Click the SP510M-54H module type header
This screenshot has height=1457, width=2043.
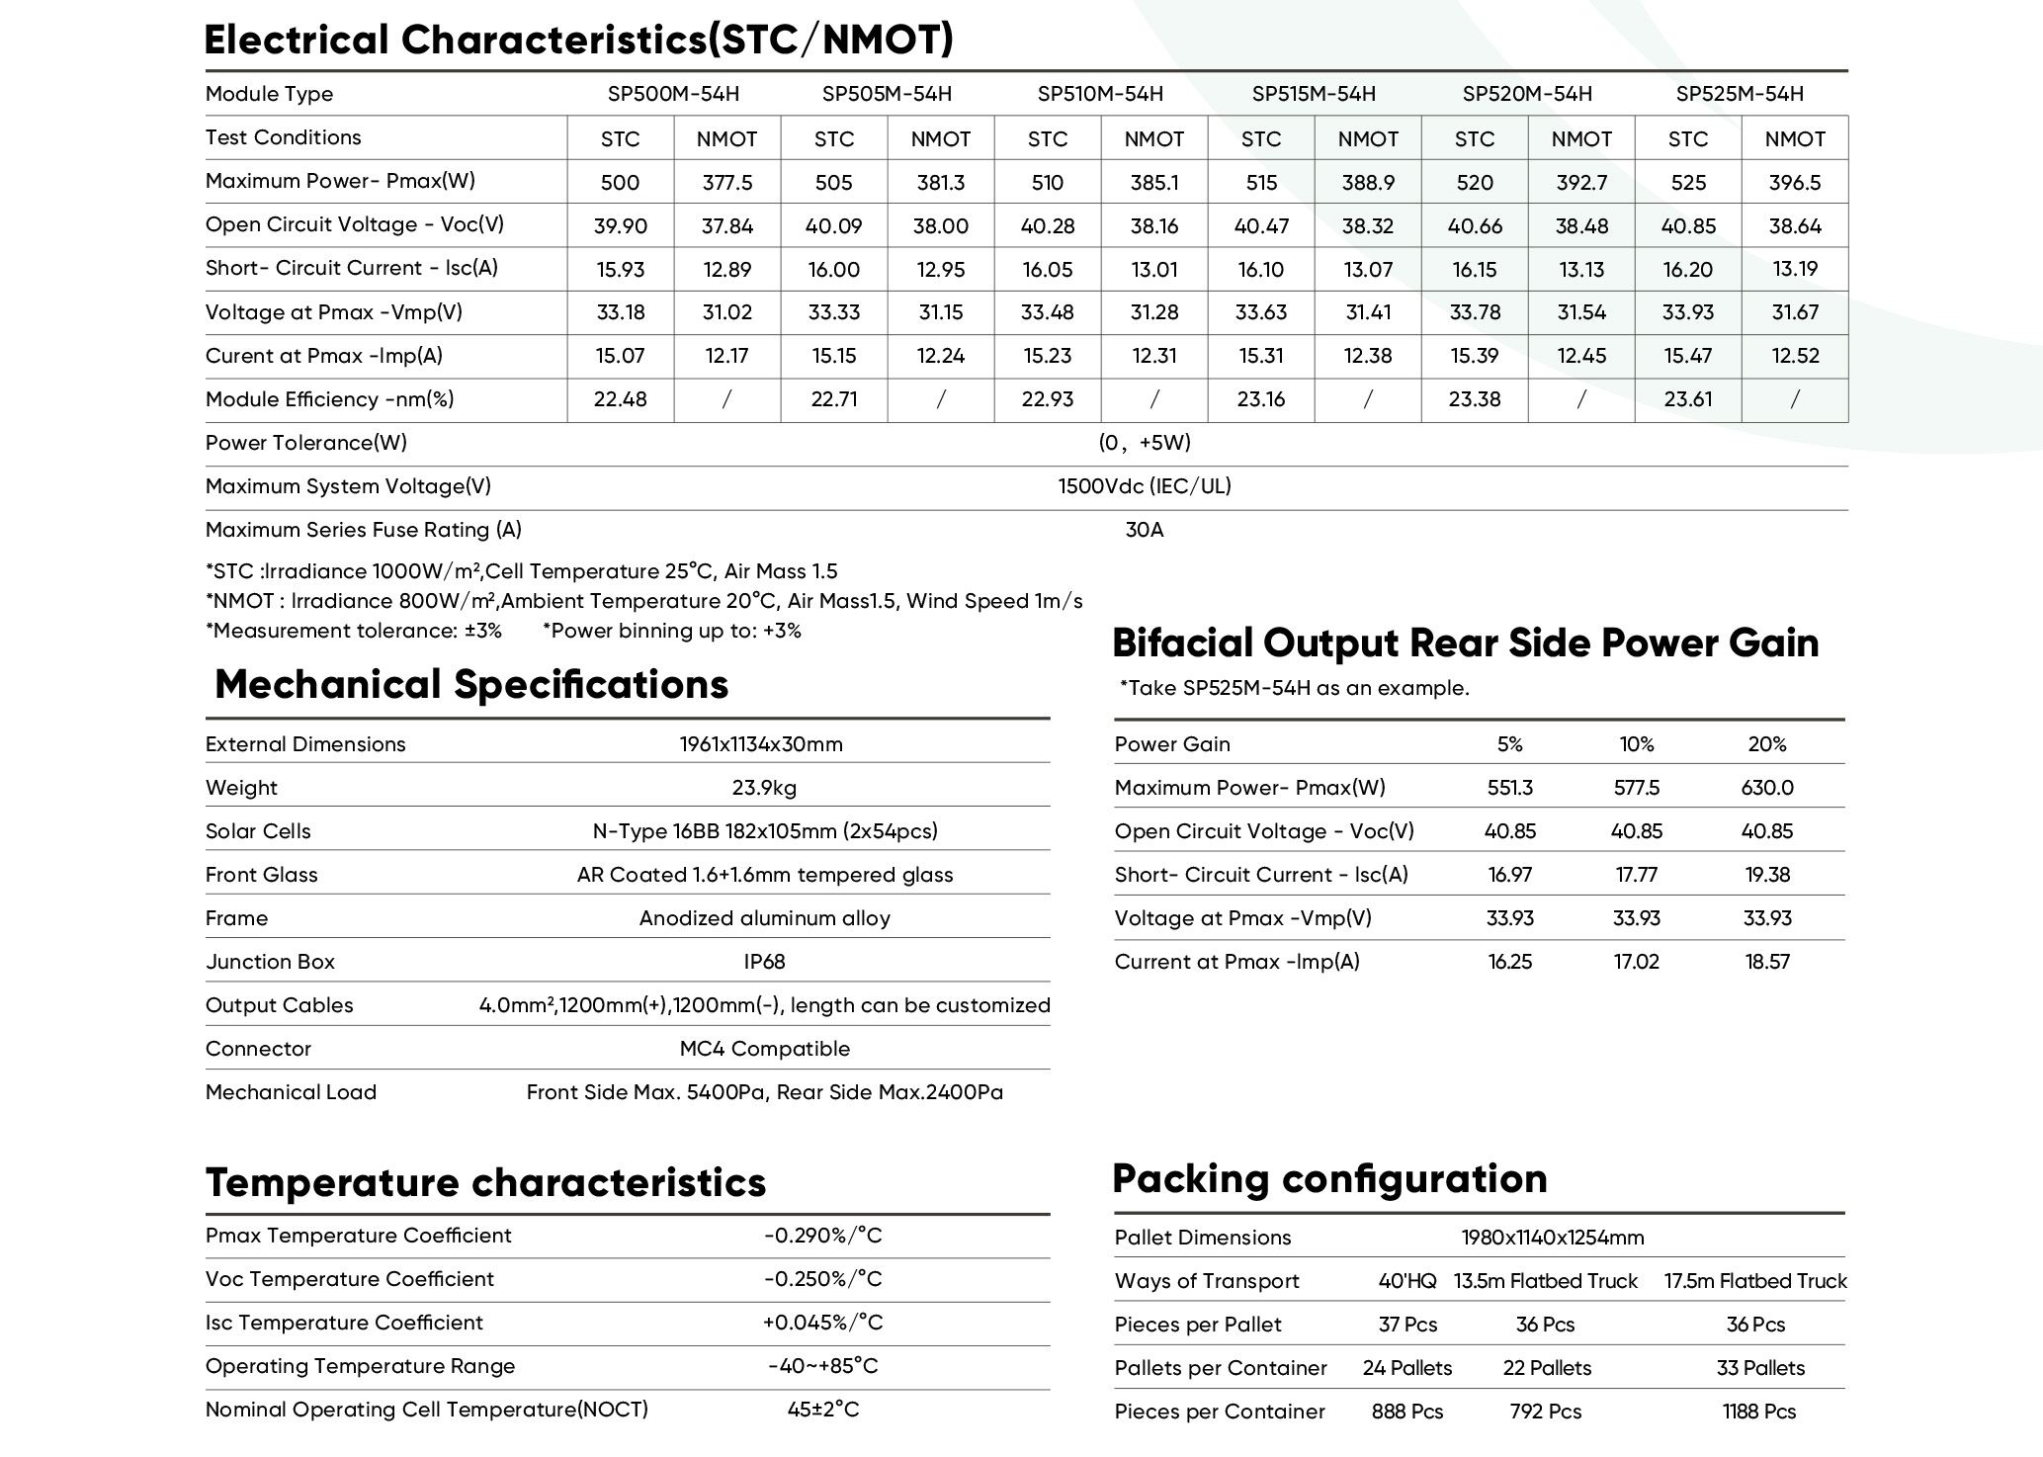pyautogui.click(x=1100, y=94)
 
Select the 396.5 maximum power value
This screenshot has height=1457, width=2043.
pyautogui.click(x=1794, y=183)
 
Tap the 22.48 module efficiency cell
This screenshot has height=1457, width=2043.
pyautogui.click(x=620, y=399)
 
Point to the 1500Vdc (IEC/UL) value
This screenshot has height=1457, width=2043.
pyautogui.click(x=1144, y=486)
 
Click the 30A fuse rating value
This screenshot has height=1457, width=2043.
pyautogui.click(x=1144, y=530)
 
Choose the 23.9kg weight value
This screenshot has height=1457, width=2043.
pyautogui.click(x=764, y=788)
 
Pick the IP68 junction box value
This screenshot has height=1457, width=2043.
pyautogui.click(x=764, y=962)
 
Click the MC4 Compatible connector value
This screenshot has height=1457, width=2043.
pyautogui.click(x=764, y=1049)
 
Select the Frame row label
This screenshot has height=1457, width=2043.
pyautogui.click(x=236, y=918)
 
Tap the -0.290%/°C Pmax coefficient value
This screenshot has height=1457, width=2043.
pyautogui.click(x=822, y=1236)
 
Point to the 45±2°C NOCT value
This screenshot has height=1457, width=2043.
pyautogui.click(x=822, y=1410)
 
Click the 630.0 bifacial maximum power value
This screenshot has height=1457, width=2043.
pyautogui.click(x=1766, y=788)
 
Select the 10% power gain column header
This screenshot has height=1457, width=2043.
pyautogui.click(x=1636, y=744)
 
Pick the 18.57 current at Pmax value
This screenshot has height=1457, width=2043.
pyautogui.click(x=1766, y=962)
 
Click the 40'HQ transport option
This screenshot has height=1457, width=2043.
pyautogui.click(x=1406, y=1281)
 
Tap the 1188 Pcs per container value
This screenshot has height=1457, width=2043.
pyautogui.click(x=1758, y=1412)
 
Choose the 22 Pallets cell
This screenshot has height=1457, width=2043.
pyautogui.click(x=1547, y=1368)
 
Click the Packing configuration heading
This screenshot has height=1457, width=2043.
pyautogui.click(x=1329, y=1178)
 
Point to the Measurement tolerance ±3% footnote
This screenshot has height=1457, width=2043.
pyautogui.click(x=354, y=631)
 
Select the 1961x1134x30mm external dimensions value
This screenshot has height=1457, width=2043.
pyautogui.click(x=761, y=744)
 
